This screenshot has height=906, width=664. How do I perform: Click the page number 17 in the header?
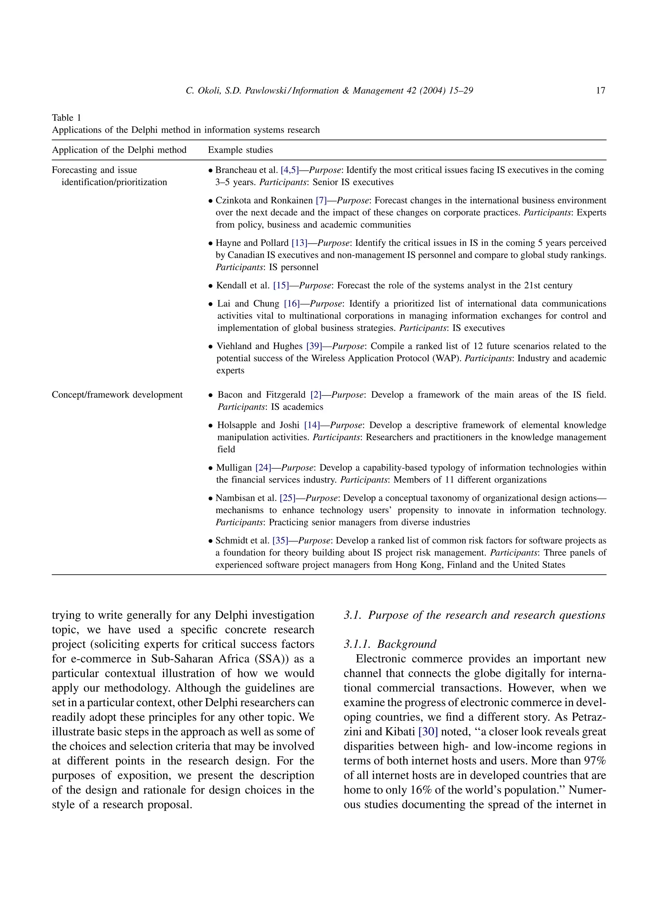[x=600, y=91]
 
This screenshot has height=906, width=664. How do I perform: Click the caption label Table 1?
[x=66, y=118]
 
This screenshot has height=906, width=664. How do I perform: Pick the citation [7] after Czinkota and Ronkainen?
[x=321, y=201]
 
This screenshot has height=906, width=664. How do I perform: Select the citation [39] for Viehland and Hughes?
[x=314, y=346]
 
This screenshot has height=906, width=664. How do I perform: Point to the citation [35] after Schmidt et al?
[x=280, y=541]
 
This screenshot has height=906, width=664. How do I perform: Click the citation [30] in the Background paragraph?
[x=428, y=732]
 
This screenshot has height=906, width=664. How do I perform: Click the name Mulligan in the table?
[x=234, y=468]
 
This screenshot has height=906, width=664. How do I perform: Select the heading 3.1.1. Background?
[x=390, y=644]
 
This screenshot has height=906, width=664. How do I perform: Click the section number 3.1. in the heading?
[x=353, y=615]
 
